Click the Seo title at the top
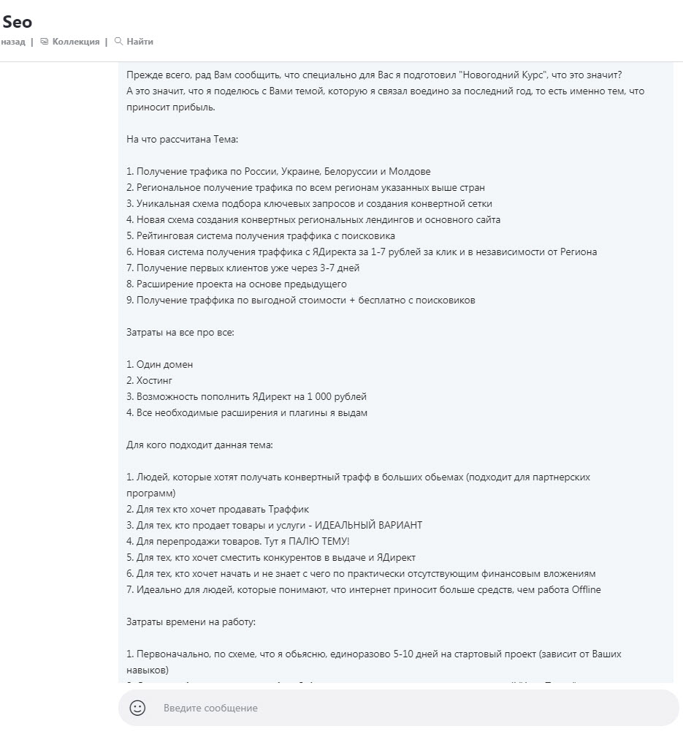coord(17,22)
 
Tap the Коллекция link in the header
coord(75,42)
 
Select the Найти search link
coord(139,42)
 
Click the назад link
coord(12,42)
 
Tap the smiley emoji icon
coord(137,708)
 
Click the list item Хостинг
coord(154,380)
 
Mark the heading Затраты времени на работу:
coord(191,621)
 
